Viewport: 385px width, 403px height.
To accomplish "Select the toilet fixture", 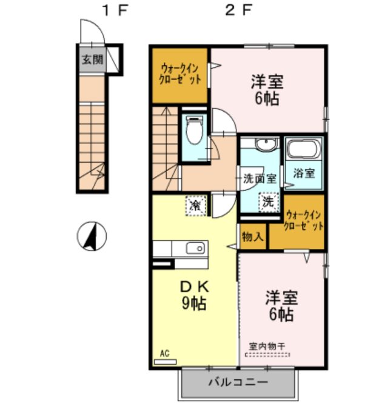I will (x=195, y=132).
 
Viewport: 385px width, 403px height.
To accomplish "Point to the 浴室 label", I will (x=304, y=173).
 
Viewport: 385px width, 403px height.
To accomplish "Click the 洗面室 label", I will (x=259, y=179).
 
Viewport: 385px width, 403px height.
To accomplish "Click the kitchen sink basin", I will (x=195, y=248).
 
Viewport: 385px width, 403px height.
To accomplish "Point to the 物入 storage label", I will (x=252, y=236).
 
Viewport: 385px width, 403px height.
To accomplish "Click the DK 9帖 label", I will (x=192, y=294).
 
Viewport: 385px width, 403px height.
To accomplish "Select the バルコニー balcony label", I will (x=238, y=383).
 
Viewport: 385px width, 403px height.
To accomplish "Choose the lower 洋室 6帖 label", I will (x=281, y=306).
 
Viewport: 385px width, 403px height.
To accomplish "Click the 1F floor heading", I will (x=114, y=10).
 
